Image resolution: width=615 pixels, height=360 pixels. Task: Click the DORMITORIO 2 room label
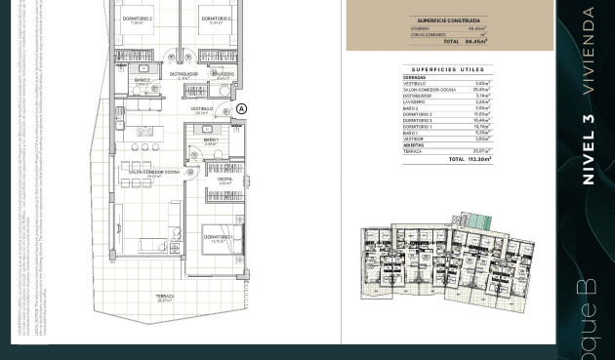pyautogui.click(x=137, y=20)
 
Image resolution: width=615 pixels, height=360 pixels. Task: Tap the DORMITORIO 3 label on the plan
pyautogui.click(x=216, y=20)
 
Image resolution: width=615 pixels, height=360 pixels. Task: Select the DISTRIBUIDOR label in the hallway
pyautogui.click(x=184, y=74)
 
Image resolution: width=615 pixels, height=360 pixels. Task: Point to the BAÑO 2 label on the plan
pyautogui.click(x=143, y=81)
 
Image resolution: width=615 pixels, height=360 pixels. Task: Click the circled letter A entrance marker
pyautogui.click(x=242, y=109)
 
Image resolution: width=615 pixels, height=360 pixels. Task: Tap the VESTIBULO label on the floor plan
pyautogui.click(x=202, y=109)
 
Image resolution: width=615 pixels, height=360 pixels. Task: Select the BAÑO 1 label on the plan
pyautogui.click(x=211, y=141)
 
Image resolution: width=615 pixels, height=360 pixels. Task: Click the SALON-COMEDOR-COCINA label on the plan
pyautogui.click(x=154, y=172)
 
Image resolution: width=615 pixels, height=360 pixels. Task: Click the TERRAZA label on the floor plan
pyautogui.click(x=165, y=297)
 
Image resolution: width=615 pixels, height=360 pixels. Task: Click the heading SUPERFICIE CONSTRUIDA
pyautogui.click(x=448, y=20)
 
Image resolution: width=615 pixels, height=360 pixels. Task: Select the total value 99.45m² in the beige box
pyautogui.click(x=477, y=42)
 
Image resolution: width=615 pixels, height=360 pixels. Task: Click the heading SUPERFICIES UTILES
pyautogui.click(x=448, y=69)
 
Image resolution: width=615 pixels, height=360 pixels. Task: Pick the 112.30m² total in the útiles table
pyautogui.click(x=477, y=158)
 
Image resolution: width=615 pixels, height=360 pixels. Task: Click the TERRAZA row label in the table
pyautogui.click(x=413, y=150)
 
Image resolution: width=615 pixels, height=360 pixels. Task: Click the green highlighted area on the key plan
pyautogui.click(x=477, y=221)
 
